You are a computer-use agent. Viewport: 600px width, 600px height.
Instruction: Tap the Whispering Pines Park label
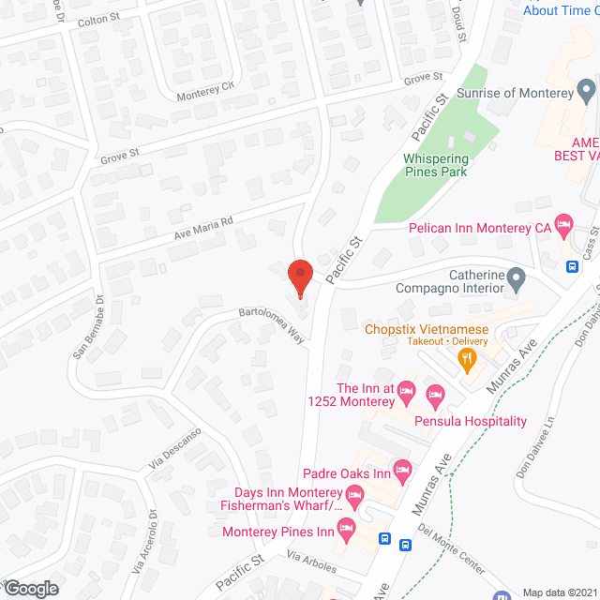pos(436,165)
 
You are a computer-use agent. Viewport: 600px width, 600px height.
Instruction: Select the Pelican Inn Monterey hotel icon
pos(563,224)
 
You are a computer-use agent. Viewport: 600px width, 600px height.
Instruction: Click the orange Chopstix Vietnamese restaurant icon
pos(466,356)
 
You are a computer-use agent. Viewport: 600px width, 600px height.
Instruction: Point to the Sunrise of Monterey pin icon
pos(587,92)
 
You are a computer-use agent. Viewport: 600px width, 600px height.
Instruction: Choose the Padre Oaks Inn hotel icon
pos(402,468)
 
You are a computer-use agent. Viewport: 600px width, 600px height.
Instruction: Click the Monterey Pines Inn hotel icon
pos(346,530)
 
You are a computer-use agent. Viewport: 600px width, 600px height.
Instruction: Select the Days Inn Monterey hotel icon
pos(354,494)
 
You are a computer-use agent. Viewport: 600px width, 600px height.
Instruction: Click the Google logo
pos(30,588)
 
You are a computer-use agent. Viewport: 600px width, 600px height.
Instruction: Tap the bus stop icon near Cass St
pos(573,265)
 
